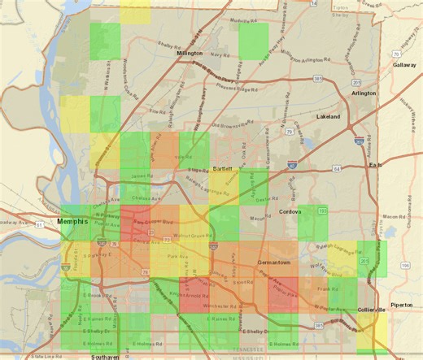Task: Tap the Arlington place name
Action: coord(364,93)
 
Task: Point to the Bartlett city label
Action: coord(223,168)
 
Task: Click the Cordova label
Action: coord(290,212)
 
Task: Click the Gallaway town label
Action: coord(403,65)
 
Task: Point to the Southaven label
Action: coord(106,357)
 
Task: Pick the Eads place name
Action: coord(375,165)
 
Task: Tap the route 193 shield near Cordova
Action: coord(322,210)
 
